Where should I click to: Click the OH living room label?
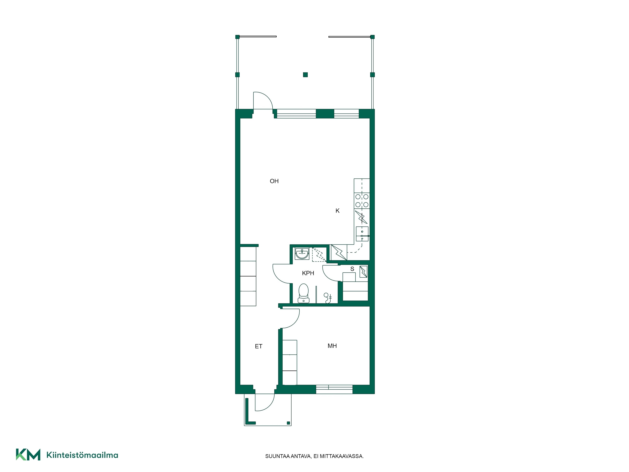tap(274, 181)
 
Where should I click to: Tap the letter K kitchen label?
tap(337, 211)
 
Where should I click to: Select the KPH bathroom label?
tap(308, 273)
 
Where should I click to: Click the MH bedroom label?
tap(332, 346)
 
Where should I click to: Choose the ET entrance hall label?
tap(259, 346)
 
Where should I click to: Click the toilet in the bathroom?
tap(304, 293)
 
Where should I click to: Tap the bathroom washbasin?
tap(302, 253)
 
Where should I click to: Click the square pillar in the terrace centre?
tap(305, 75)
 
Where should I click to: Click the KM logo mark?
tap(28, 454)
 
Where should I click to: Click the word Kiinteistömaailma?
tap(82, 455)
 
